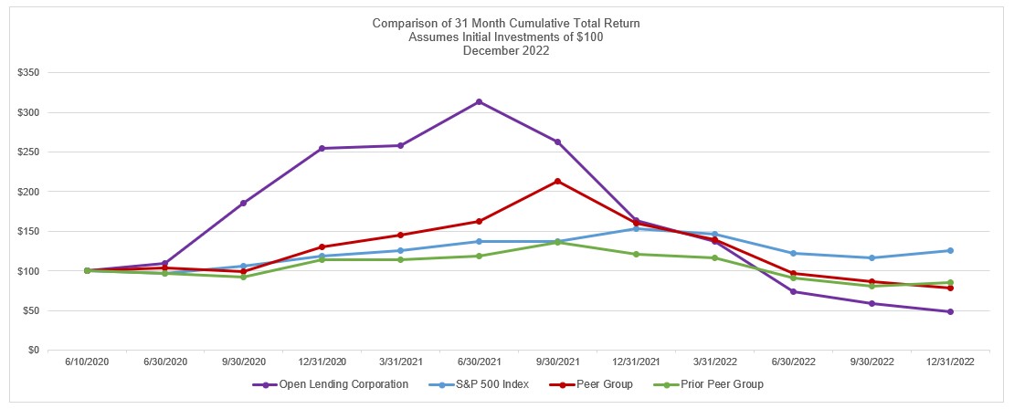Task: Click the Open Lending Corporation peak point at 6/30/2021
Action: (479, 101)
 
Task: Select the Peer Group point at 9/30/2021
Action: (557, 181)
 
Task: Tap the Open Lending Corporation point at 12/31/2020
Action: (322, 148)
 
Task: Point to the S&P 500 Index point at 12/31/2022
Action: (950, 250)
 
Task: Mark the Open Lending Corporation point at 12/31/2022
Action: (950, 311)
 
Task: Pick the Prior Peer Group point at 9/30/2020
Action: (243, 277)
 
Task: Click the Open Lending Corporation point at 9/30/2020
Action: (243, 203)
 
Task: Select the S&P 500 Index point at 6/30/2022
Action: (793, 253)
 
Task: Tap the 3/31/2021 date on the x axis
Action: (400, 362)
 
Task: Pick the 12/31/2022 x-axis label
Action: (950, 362)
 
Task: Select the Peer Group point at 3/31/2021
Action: (400, 235)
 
